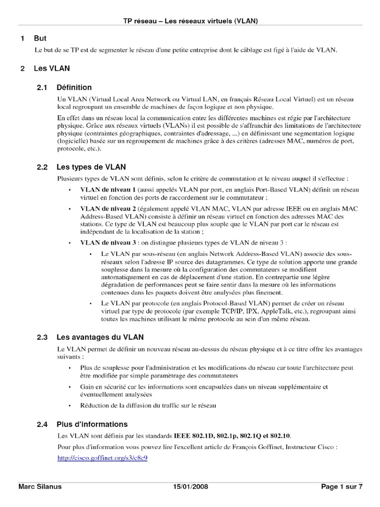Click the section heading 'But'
[x=40, y=38]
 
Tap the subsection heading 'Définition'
[x=74, y=88]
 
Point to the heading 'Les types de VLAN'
[x=91, y=167]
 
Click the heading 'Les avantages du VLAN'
[x=100, y=337]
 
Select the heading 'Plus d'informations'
[x=92, y=424]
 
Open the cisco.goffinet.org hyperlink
[x=102, y=458]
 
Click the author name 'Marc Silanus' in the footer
[x=40, y=487]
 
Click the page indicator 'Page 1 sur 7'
[x=342, y=487]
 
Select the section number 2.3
[x=42, y=337]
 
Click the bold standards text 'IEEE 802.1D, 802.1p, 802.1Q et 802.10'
[x=232, y=436]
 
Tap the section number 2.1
[x=42, y=88]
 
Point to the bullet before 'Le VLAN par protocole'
[x=91, y=303]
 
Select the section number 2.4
[x=42, y=424]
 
